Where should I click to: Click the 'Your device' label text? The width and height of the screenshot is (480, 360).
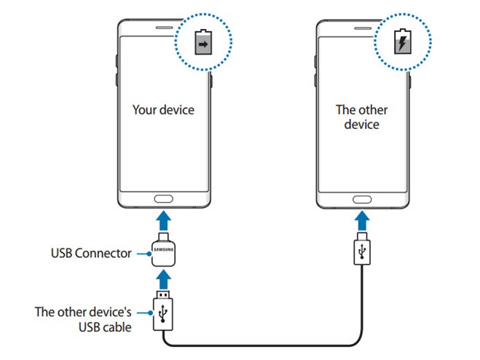click(163, 110)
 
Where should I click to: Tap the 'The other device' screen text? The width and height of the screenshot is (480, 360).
click(361, 117)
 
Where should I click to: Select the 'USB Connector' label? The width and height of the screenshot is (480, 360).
click(91, 254)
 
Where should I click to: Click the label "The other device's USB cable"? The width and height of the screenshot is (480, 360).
click(83, 319)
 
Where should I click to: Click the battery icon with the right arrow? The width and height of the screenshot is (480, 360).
click(203, 42)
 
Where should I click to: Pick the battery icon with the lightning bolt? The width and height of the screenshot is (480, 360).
click(403, 42)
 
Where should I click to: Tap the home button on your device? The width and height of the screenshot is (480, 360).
click(163, 199)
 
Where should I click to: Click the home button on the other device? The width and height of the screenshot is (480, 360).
click(362, 200)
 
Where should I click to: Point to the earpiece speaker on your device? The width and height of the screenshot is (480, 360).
click(165, 28)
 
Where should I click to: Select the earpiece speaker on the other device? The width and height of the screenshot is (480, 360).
click(363, 28)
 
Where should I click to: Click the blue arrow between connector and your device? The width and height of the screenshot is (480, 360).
click(164, 220)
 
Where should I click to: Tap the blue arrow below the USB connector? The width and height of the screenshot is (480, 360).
click(164, 279)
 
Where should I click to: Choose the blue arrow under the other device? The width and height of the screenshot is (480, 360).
click(362, 220)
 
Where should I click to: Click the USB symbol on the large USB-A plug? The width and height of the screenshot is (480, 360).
click(163, 314)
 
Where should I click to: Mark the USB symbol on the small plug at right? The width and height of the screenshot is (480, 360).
click(362, 251)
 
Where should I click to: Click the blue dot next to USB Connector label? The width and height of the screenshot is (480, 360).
click(149, 254)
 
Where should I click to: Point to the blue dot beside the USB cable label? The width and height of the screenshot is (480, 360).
click(150, 313)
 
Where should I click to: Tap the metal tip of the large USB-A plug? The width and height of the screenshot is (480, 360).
click(163, 294)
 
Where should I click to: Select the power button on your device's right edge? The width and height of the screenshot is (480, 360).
click(211, 80)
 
